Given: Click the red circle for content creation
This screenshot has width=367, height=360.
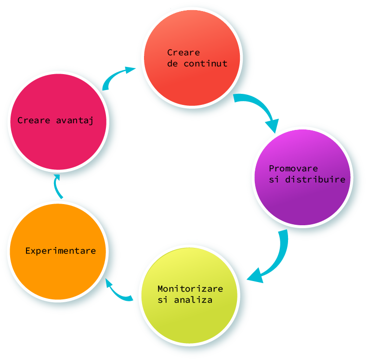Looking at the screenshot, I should tap(192, 82).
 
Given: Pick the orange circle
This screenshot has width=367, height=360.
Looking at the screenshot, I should tap(58, 274).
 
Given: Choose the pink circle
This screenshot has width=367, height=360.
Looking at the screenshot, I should tap(58, 144).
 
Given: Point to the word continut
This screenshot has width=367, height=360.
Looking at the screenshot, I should tap(205, 64).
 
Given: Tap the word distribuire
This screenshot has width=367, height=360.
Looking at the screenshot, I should tap(315, 180).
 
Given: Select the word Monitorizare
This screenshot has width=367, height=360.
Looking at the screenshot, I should tap(190, 289).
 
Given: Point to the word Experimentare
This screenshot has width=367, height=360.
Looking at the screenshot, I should tap(60, 251).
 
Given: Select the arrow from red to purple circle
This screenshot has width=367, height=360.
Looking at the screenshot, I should tap(261, 108).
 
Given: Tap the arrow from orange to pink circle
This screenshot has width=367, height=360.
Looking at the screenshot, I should tap(58, 185).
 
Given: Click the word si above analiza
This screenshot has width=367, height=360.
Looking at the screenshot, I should tap(163, 300).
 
